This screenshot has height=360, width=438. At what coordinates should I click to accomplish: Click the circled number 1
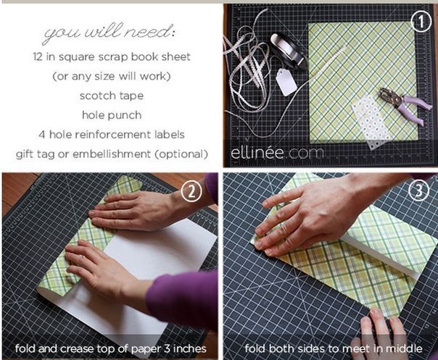click(421, 22)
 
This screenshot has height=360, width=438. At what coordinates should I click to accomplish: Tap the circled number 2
click(191, 191)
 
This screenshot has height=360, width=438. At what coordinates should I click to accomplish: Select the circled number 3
click(418, 191)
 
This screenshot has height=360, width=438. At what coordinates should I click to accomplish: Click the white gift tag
click(286, 82)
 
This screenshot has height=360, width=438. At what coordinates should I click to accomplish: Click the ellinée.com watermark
click(277, 153)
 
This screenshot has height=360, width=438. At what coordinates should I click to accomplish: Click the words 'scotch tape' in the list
click(112, 96)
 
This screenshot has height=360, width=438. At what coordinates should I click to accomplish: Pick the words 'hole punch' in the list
click(112, 115)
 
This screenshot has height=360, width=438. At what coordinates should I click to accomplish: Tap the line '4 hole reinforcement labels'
click(112, 135)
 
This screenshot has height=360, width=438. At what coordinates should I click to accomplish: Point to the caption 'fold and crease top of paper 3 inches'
click(111, 348)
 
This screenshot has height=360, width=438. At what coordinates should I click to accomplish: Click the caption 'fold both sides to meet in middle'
click(334, 348)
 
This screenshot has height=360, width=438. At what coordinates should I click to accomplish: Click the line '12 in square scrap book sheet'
click(112, 57)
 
